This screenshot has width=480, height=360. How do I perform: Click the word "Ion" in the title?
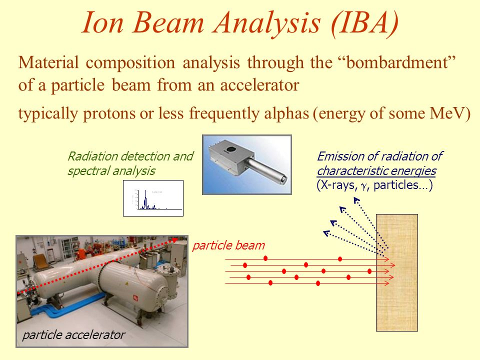[103, 23]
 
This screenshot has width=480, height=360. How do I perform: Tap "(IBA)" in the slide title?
[364, 24]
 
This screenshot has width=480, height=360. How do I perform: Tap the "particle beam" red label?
[228, 245]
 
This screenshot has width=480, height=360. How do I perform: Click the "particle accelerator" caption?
[73, 335]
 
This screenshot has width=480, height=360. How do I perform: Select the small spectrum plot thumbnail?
[153, 198]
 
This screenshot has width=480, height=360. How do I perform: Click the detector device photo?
[246, 164]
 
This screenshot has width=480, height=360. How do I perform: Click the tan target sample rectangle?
[396, 272]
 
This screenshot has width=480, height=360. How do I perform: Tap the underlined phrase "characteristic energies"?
[376, 171]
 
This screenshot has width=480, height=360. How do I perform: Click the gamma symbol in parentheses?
[363, 186]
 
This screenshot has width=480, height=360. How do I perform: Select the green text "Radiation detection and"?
[130, 156]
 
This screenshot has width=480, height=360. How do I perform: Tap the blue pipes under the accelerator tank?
[61, 306]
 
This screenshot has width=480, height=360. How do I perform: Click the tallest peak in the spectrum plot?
[145, 199]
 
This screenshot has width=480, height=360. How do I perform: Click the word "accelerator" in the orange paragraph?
[259, 85]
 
